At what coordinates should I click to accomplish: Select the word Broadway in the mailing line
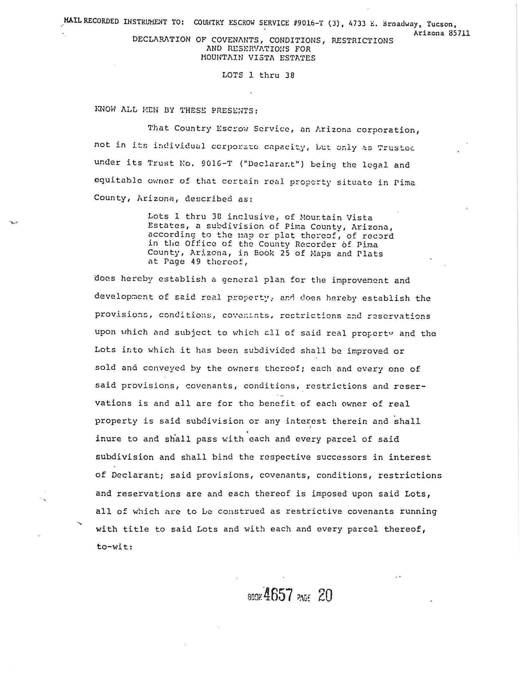400,23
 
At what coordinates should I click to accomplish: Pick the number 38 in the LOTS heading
290,75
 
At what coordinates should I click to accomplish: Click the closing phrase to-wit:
114,547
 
